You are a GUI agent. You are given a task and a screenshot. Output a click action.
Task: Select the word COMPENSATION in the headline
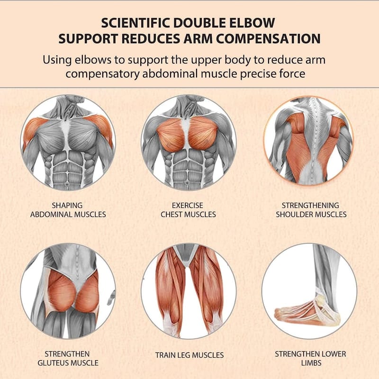(x=268, y=39)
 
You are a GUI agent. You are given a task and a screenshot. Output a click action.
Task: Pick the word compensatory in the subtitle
(x=102, y=74)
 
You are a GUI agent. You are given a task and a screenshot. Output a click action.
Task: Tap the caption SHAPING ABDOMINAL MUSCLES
(x=68, y=210)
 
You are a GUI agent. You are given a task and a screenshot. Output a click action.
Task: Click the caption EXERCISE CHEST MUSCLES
(x=188, y=210)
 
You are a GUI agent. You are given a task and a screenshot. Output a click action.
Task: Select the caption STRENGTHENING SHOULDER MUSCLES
(x=311, y=210)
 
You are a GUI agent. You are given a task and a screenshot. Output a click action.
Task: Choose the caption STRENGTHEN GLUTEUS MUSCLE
(x=68, y=359)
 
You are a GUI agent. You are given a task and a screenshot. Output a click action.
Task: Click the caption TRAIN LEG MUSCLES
(x=189, y=355)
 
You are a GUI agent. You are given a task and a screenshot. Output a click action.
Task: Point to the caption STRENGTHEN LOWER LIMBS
(x=311, y=359)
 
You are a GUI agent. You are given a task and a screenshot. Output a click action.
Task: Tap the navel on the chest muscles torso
(x=187, y=183)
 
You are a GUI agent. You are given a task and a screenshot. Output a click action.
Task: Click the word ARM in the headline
(x=199, y=39)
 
